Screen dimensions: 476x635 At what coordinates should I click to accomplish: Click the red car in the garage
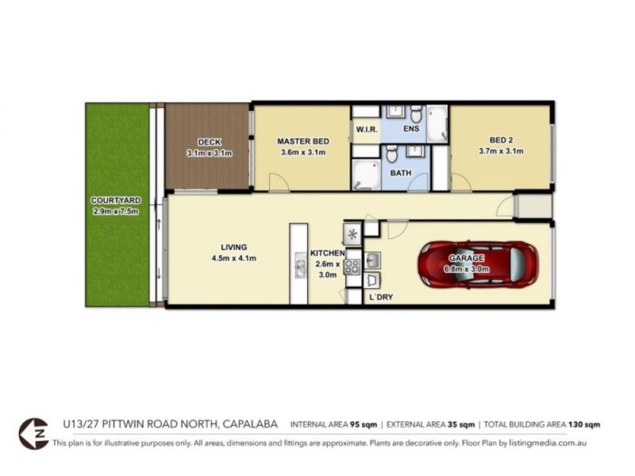[x=478, y=263]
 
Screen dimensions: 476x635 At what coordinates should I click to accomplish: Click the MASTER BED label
[x=302, y=141]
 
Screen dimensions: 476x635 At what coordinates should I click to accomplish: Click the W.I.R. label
[x=366, y=129]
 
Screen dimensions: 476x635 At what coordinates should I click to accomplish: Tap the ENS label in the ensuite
[x=411, y=129]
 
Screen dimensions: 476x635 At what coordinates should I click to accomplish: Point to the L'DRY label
[x=380, y=297]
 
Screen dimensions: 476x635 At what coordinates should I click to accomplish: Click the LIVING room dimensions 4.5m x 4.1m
[x=233, y=258]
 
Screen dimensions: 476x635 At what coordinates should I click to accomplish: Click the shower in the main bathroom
[x=366, y=175]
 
